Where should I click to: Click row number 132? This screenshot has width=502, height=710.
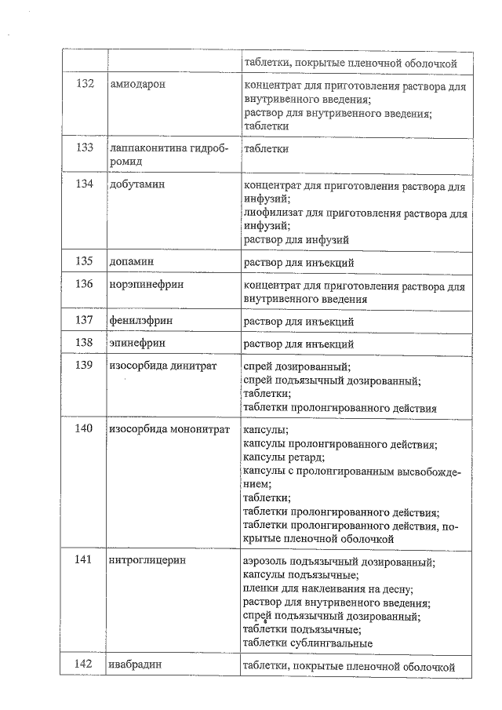tap(85, 84)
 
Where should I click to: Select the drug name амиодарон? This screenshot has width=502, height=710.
tap(137, 84)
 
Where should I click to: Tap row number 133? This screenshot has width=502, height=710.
tap(85, 147)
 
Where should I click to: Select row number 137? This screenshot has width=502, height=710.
tap(85, 321)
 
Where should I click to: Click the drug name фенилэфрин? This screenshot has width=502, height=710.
tap(141, 321)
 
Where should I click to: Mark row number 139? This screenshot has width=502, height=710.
tap(85, 366)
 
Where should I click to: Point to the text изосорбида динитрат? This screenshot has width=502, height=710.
tap(162, 366)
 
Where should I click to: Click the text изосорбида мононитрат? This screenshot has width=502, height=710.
tap(169, 429)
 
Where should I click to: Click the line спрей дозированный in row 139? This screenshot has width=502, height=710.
tap(297, 367)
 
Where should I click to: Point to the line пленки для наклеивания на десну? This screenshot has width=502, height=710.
tap(329, 589)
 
